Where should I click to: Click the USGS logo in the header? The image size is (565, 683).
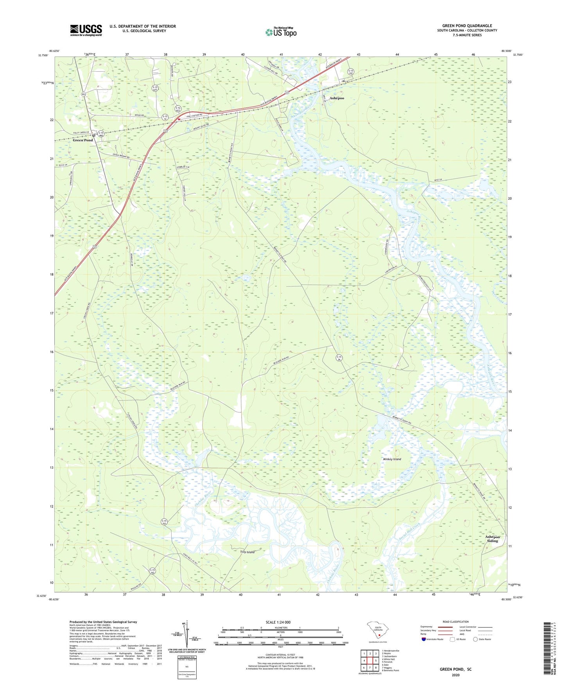point(86,30)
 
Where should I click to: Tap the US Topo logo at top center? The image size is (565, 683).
point(281,32)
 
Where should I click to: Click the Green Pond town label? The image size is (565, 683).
point(83,140)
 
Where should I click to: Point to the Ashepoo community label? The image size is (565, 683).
point(337,98)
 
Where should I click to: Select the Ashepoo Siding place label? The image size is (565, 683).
point(492,539)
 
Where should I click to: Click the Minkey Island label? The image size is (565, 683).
point(392,459)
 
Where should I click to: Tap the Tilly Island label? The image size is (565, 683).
point(247,552)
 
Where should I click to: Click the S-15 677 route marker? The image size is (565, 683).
point(155,88)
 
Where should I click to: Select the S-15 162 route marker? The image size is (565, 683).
point(152,572)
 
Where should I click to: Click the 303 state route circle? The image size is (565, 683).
point(84,95)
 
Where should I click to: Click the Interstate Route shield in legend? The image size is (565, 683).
point(424,639)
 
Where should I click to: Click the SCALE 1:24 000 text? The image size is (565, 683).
point(278,622)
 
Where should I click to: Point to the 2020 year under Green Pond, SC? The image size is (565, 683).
point(456,675)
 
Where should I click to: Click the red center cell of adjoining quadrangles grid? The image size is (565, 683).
point(370,661)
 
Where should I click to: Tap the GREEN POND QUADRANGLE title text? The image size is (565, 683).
point(467,26)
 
